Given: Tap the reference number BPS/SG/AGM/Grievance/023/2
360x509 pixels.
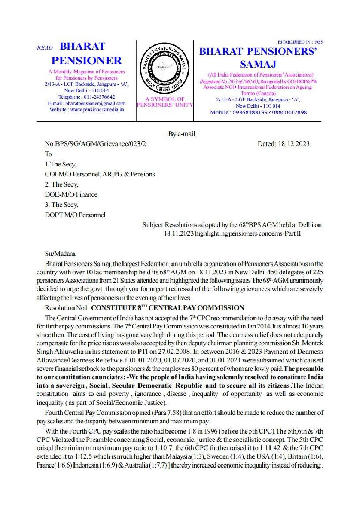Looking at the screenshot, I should (99, 144).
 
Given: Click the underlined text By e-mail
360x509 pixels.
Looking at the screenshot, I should (182, 134).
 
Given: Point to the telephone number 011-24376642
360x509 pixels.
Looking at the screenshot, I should (97, 97).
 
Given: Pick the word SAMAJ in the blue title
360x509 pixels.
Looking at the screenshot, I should (258, 64).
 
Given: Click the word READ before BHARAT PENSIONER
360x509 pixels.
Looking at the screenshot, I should (45, 48).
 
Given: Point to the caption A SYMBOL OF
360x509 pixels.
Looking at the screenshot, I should (165, 99).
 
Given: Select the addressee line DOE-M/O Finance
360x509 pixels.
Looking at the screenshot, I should (71, 194).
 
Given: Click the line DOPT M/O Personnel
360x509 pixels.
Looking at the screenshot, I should (75, 215).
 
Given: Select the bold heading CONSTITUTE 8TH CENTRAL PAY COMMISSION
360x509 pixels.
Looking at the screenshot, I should (168, 308).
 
